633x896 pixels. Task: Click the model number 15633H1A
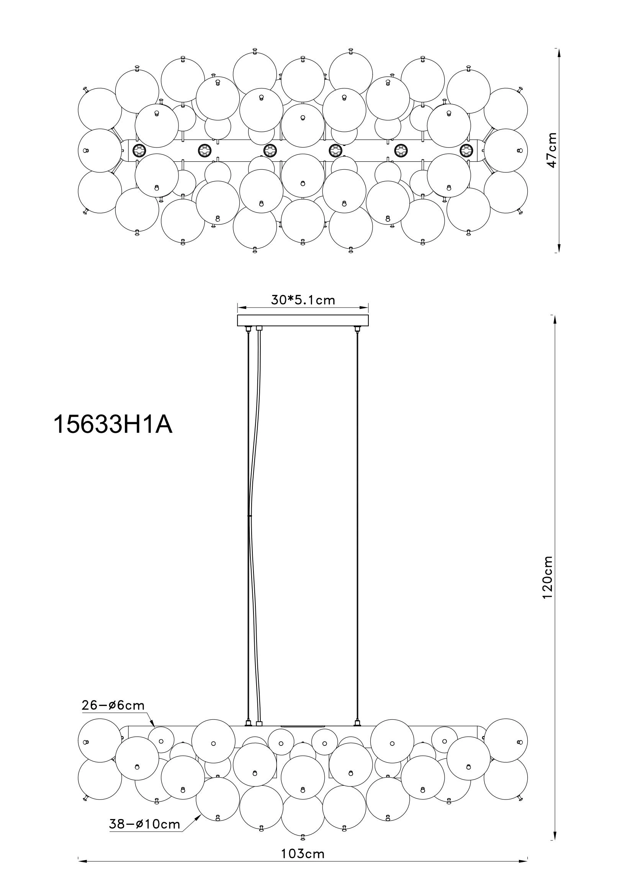tap(113, 424)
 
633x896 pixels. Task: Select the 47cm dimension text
tap(551, 151)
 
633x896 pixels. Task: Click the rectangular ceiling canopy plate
tap(303, 320)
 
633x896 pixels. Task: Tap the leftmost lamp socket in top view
tap(139, 149)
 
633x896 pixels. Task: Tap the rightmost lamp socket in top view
tap(466, 149)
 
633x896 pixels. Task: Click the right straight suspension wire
tap(357, 527)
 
